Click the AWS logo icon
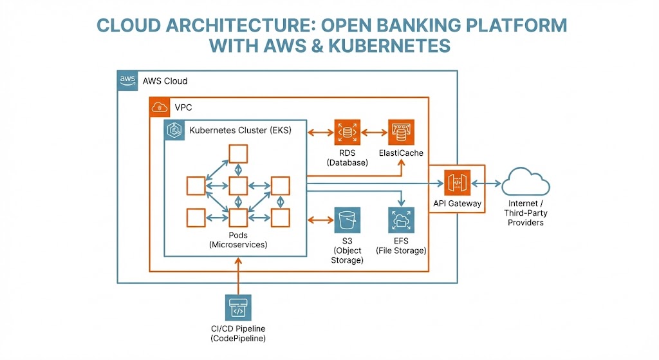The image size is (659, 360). point(127,80)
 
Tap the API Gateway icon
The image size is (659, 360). point(458,183)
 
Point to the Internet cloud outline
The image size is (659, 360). point(526,183)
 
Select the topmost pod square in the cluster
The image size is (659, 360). point(238,153)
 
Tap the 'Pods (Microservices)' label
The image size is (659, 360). point(238,240)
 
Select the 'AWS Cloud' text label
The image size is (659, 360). point(165,81)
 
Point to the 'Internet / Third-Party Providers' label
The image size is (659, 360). point(526,213)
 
